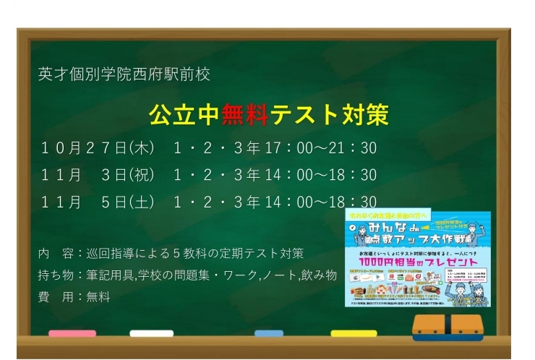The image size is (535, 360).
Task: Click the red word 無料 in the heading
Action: (245, 114)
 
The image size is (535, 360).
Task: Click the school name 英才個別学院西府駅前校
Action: (124, 74)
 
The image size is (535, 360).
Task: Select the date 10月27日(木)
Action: (98, 148)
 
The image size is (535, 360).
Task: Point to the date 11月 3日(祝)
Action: (98, 175)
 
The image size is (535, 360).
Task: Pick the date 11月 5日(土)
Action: (98, 202)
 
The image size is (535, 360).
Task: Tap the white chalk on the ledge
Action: (151, 334)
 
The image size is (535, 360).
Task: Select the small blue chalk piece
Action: (269, 334)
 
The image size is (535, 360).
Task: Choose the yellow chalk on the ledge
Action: (354, 334)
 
